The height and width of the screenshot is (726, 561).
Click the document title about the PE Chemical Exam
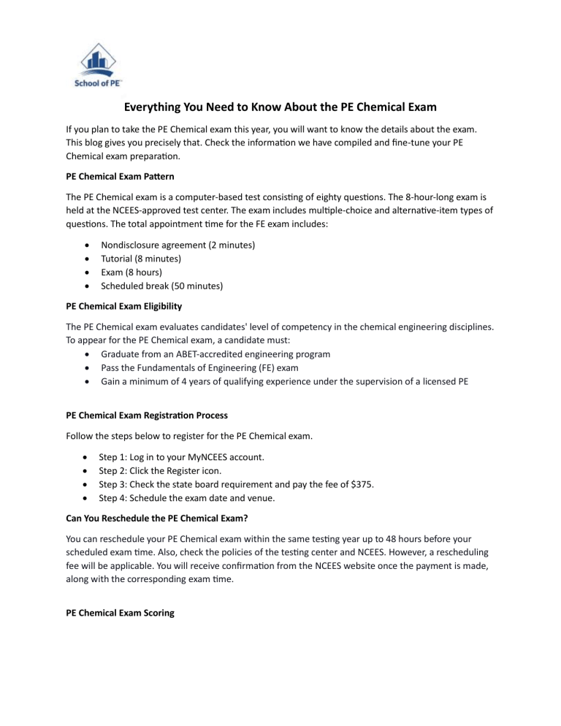point(280,107)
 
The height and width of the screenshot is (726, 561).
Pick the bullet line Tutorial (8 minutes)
point(142,259)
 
